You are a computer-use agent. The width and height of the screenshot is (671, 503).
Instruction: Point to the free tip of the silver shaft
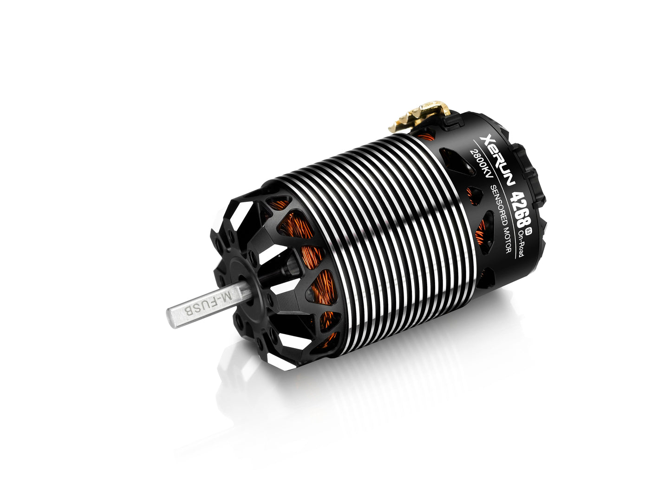171,318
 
